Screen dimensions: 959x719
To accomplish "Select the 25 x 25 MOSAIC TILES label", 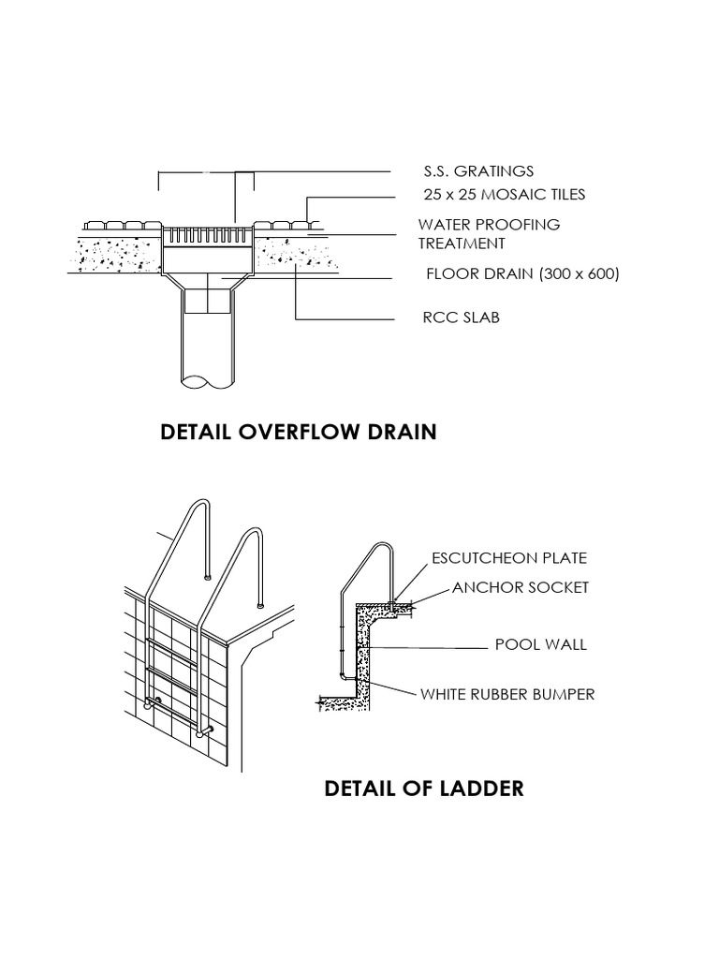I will point(504,195).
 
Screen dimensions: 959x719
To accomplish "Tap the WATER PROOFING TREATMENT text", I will point(489,234).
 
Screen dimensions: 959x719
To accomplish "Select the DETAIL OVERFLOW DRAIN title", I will point(299,432).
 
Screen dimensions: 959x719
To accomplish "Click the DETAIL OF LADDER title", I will point(423,789).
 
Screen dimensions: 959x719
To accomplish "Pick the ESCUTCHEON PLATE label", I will point(508,558).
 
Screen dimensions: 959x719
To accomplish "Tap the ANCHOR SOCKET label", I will point(521,588).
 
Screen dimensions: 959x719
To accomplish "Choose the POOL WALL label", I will point(540,644).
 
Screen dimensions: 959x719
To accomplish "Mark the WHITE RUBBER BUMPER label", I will point(507,694).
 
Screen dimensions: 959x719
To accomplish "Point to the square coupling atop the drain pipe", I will point(208,301).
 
